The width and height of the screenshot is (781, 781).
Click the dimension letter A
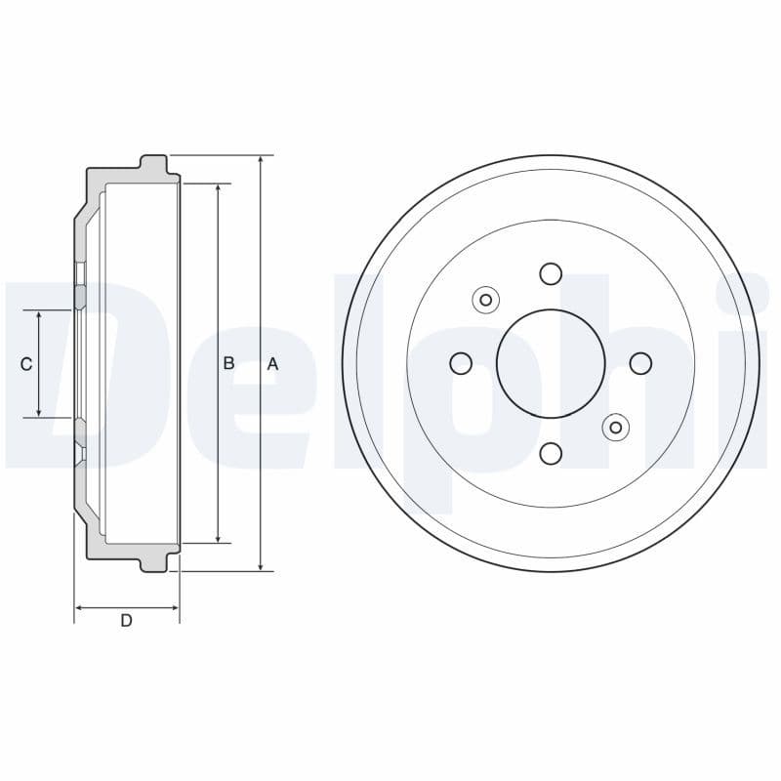pos(273,364)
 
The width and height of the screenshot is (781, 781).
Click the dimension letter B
pos(228,363)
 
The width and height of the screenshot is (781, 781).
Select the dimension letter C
pos(26,364)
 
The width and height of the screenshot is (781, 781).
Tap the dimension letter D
pos(126,621)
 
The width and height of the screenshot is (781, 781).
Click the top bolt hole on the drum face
pos(551,273)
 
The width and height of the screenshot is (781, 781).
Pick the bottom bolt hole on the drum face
pos(551,453)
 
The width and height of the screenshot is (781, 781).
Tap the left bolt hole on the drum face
pos(461,363)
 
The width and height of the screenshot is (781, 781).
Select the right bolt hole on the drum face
pos(640,363)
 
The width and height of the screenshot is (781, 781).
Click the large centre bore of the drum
pos(551,363)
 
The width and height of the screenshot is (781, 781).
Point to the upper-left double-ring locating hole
pos(486,300)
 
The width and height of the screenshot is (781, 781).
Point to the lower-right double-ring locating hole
pos(615,427)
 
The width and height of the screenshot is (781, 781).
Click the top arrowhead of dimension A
pos(261,160)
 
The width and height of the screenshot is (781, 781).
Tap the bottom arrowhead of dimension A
pos(261,565)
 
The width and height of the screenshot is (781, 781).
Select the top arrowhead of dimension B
pos(218,188)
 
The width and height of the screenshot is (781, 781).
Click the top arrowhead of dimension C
pos(39,316)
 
